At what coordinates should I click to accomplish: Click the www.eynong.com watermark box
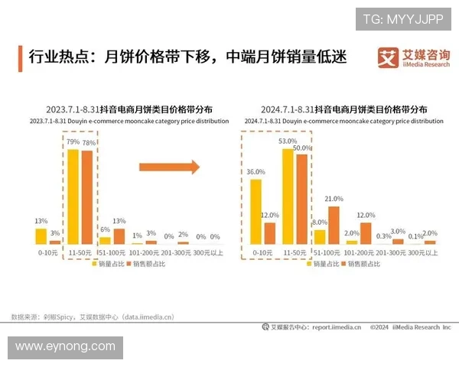pyautogui.click(x=67, y=347)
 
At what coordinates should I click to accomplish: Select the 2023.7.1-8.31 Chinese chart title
pyautogui.click(x=129, y=109)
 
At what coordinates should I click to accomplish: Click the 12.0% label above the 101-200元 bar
pyautogui.click(x=365, y=216)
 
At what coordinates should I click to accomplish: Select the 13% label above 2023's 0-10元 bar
pyautogui.click(x=41, y=221)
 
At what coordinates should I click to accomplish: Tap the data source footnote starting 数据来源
pyautogui.click(x=93, y=315)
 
